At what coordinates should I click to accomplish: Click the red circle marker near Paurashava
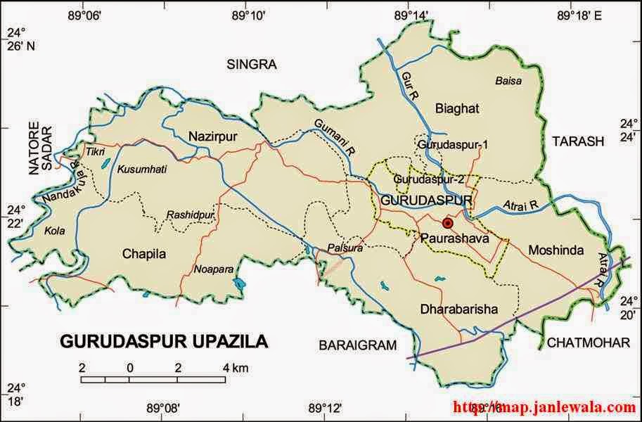tap(448, 223)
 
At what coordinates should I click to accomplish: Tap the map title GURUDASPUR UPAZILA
tap(164, 342)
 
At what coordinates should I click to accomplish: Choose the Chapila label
tap(144, 254)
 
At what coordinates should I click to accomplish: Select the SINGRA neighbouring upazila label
tap(252, 65)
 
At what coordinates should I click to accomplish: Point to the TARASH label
tap(577, 141)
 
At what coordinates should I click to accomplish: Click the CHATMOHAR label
tap(587, 343)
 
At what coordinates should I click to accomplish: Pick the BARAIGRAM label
tap(357, 345)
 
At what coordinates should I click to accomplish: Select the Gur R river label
tap(409, 82)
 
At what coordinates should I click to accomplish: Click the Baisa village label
tap(508, 80)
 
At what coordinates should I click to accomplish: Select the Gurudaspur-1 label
tap(443, 145)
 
